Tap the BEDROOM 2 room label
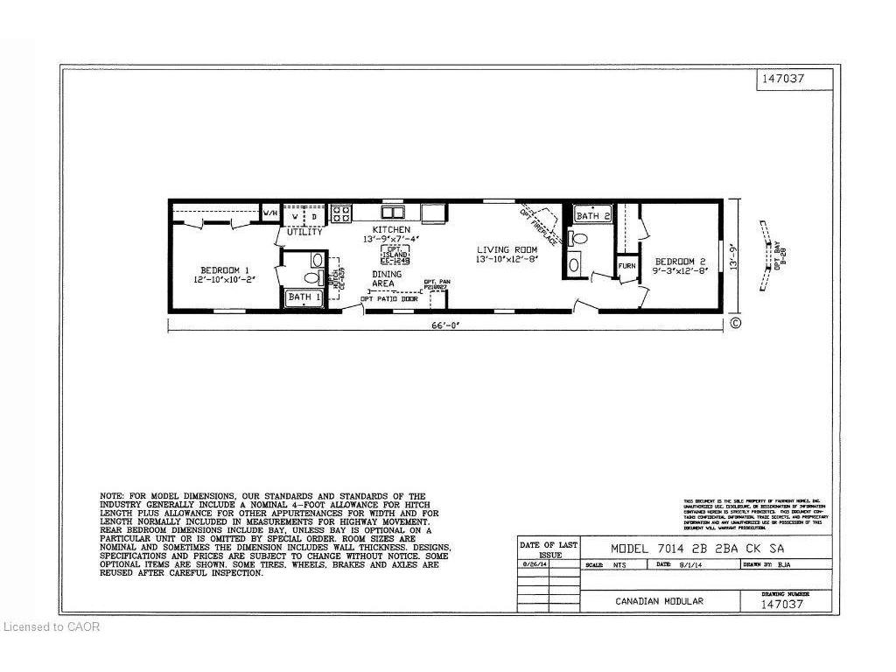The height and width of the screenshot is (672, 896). (681, 262)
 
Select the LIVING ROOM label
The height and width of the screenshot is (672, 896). (505, 249)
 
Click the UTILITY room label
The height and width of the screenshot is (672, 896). (304, 232)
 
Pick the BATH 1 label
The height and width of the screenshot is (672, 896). (304, 298)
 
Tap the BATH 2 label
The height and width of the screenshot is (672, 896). (592, 215)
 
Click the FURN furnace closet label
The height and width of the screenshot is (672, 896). (626, 266)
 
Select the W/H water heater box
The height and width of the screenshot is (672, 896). (269, 213)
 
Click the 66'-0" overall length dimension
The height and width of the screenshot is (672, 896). (446, 325)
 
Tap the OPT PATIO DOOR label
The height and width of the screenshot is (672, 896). (389, 299)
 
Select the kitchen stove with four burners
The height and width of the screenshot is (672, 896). (341, 213)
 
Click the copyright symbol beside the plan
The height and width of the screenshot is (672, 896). (736, 323)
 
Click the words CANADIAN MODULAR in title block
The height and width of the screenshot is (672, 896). (659, 601)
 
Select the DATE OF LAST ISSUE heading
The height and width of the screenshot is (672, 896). (549, 549)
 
